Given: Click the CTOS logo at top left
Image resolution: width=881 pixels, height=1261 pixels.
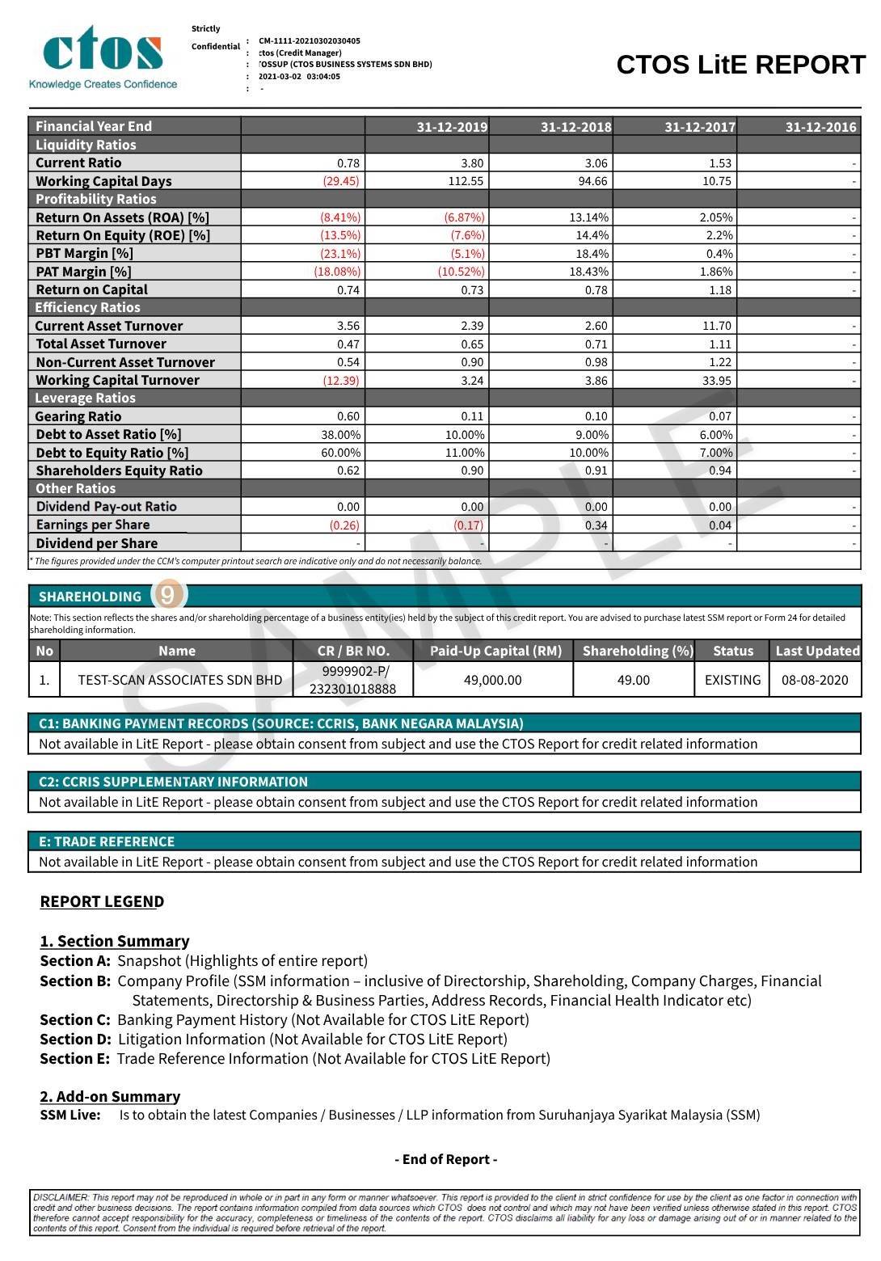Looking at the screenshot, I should [103, 57].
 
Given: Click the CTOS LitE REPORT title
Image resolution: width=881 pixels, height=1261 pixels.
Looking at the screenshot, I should [740, 65].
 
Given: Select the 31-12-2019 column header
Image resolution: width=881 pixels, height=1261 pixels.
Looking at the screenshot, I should [452, 127].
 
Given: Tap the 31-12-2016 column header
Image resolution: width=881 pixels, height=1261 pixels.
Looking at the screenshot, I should [820, 127].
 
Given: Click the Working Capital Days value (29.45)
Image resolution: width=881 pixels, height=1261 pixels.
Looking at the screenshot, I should [341, 181].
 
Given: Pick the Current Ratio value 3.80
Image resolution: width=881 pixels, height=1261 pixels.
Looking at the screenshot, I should [472, 162].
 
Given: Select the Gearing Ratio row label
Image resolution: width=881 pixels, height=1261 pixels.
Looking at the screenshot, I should [78, 416].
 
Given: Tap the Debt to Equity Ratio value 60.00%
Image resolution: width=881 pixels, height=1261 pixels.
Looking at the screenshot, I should [341, 453].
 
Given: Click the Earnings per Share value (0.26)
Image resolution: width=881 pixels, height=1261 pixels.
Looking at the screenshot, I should [344, 525].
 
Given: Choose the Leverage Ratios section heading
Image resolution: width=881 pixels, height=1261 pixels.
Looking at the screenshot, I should [85, 398].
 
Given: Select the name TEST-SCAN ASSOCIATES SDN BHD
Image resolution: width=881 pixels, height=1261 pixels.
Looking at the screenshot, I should [179, 680].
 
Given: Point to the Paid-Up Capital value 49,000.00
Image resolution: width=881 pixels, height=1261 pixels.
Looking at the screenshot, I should [492, 680].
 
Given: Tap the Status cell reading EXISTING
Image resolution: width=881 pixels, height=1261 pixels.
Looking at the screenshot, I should [732, 680].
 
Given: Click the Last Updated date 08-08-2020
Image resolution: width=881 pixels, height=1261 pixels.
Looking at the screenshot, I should [815, 680].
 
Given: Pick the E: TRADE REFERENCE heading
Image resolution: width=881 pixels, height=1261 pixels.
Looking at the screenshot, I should [107, 841].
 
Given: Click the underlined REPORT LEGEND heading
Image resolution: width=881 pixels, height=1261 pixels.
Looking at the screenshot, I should [102, 901].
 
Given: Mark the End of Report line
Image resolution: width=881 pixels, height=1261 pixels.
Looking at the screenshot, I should [446, 1159].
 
